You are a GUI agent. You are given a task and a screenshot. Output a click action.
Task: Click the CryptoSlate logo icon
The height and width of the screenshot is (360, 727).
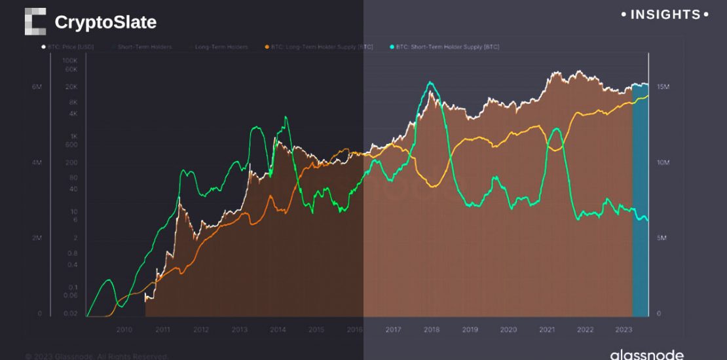click(x=35, y=22)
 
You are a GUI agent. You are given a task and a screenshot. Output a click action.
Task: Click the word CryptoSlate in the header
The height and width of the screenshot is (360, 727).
click(x=105, y=22)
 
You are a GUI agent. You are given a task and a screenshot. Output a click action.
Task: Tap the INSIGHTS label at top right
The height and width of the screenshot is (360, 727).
click(x=664, y=14)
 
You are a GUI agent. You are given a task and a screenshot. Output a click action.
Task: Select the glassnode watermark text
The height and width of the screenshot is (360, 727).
click(x=646, y=355)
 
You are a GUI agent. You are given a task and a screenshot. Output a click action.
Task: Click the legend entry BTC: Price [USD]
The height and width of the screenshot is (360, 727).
click(x=68, y=47)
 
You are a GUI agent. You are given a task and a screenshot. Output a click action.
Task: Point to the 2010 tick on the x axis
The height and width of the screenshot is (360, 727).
click(x=124, y=330)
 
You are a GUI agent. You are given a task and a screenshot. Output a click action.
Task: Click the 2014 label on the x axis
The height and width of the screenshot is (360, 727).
click(x=278, y=330)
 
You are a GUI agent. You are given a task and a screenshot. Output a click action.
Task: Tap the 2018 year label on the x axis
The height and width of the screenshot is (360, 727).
click(x=431, y=330)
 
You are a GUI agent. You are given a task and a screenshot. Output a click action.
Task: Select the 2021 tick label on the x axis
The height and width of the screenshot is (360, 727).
click(x=546, y=330)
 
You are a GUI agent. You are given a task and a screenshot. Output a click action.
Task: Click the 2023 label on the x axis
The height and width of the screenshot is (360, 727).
click(x=623, y=330)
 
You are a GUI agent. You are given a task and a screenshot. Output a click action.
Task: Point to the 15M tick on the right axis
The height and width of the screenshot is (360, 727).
click(x=663, y=87)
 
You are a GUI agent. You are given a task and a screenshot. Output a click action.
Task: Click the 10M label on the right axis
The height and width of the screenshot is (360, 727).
click(x=663, y=162)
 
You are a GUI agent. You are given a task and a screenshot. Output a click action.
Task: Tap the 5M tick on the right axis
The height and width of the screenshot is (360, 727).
click(x=662, y=238)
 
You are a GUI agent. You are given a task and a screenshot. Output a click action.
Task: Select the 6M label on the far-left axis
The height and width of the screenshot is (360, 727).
click(x=37, y=87)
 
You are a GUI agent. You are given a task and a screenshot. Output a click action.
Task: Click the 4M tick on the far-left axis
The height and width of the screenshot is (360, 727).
click(x=37, y=162)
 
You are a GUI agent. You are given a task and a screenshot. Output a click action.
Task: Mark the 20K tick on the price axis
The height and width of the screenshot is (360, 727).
click(x=71, y=87)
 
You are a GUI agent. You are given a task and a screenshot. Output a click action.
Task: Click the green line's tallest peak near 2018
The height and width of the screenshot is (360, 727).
click(x=430, y=82)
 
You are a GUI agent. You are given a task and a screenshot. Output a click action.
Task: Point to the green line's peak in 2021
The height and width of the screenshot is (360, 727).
click(x=555, y=130)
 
